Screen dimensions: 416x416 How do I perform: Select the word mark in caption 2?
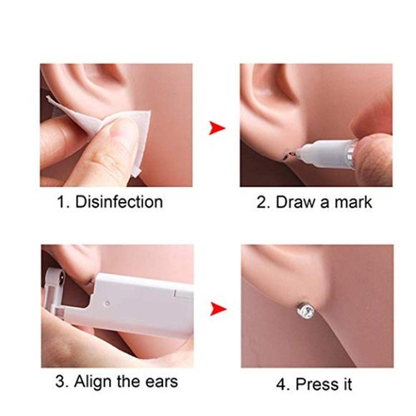point(348,202)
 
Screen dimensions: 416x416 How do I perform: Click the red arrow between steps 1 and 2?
point(218,127)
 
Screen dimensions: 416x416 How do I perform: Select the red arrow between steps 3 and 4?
point(218,310)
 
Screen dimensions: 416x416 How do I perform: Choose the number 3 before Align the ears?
point(61,384)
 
